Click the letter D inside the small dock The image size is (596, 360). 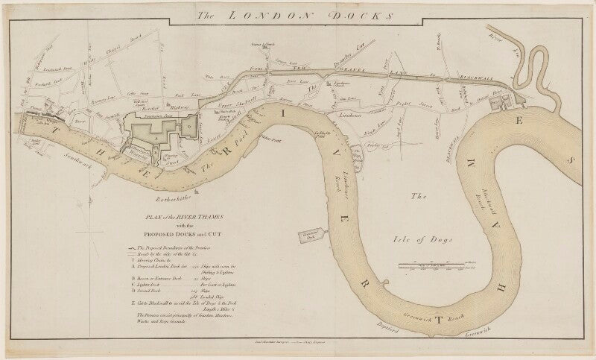point(190,127)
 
